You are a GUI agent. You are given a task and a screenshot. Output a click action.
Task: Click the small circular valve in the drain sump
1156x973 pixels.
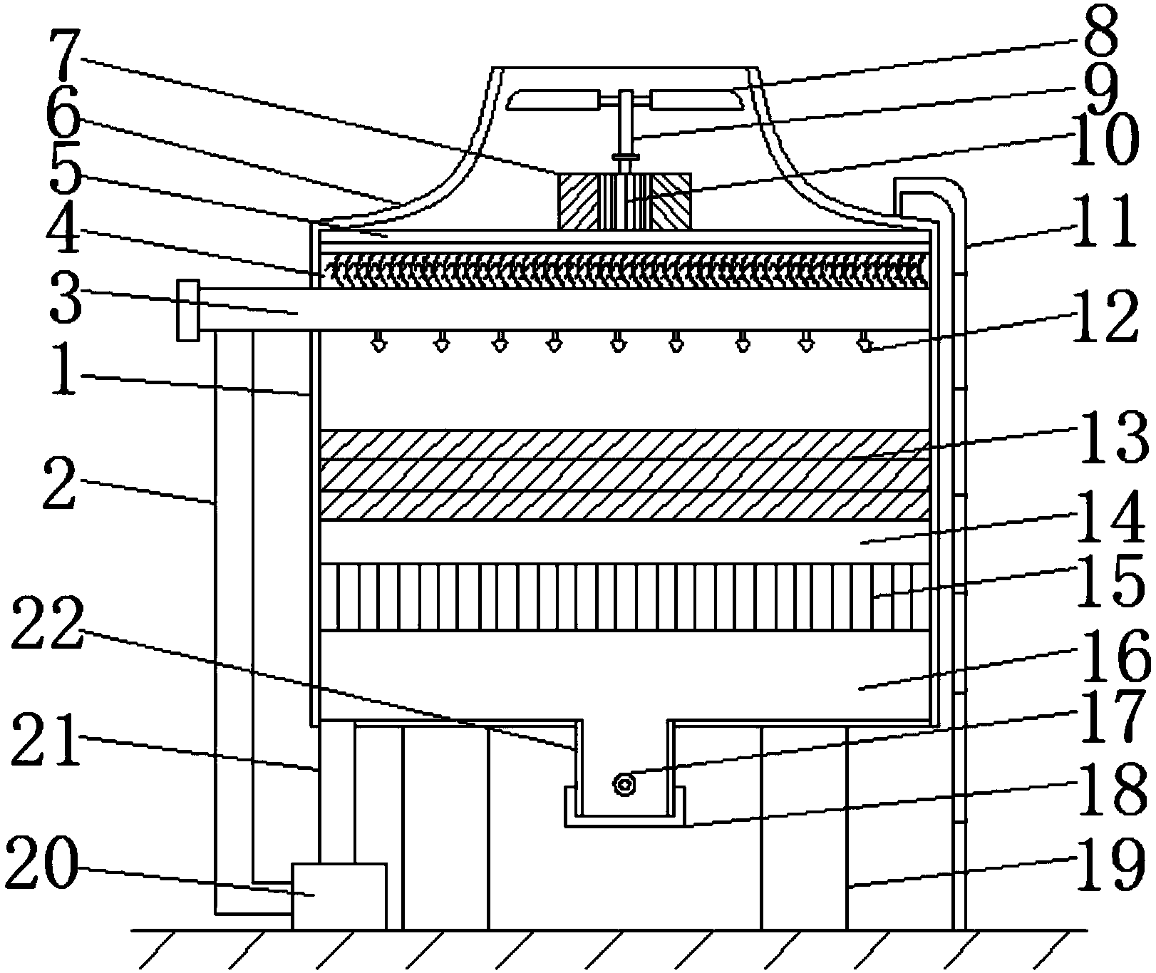click(x=624, y=786)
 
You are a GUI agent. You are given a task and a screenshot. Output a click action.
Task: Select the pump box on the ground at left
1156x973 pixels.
click(x=339, y=895)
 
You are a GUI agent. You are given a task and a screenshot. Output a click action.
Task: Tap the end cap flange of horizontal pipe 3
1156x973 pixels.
click(x=187, y=311)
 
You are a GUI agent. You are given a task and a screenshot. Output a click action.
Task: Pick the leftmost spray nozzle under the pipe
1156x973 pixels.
click(x=379, y=346)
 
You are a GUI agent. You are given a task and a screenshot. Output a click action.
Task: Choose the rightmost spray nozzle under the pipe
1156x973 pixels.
click(x=865, y=346)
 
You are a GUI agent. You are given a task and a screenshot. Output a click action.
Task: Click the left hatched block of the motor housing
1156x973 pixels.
click(x=579, y=201)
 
